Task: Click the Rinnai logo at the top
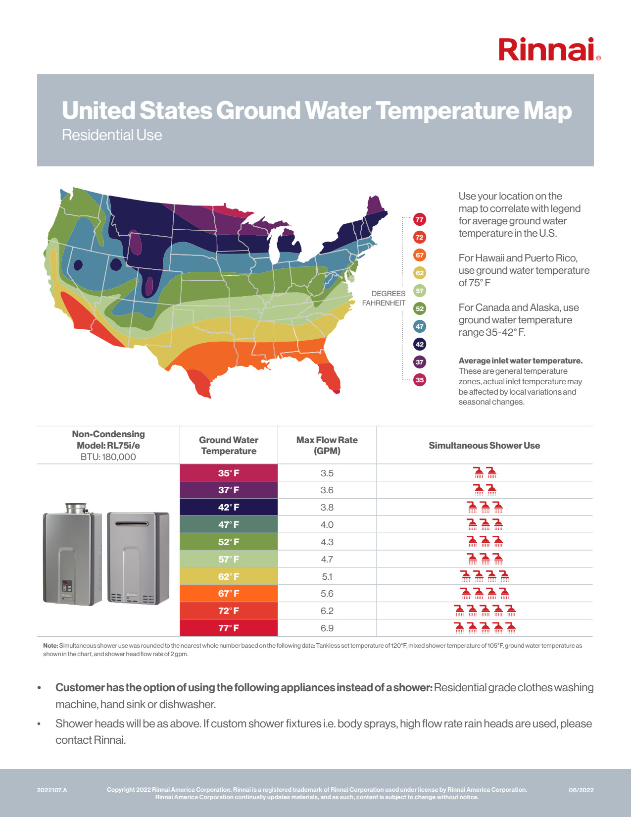pos(549,50)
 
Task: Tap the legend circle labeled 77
pos(420,219)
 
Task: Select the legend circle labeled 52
pos(420,308)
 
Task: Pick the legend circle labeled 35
pos(420,380)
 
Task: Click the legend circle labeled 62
pos(420,273)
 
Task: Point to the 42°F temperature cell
pos(229,507)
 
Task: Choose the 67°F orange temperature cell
pos(229,593)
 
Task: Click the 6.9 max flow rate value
pos(327,628)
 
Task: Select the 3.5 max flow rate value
pos(327,473)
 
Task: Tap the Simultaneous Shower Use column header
pos(484,445)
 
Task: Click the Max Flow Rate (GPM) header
pos(327,445)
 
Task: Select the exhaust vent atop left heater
pos(76,508)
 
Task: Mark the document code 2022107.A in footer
pos(52,790)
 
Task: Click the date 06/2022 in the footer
pos(581,790)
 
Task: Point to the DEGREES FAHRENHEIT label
pos(384,298)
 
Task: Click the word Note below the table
pos(50,646)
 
